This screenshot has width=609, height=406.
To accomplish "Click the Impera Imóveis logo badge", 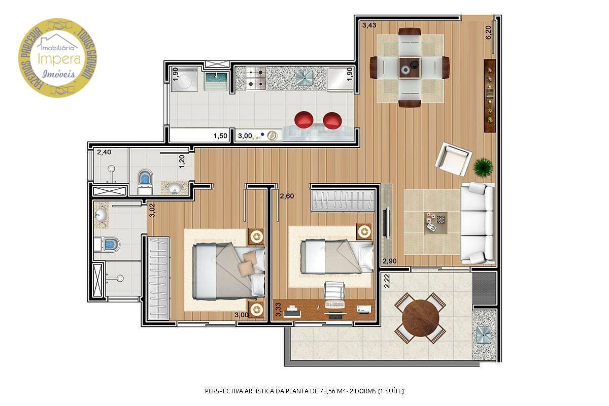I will pyautogui.click(x=58, y=57).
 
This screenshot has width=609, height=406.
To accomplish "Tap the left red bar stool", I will pyautogui.click(x=306, y=120).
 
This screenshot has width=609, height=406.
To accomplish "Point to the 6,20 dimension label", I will pyautogui.click(x=489, y=32).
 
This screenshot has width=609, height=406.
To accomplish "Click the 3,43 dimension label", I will pyautogui.click(x=369, y=24).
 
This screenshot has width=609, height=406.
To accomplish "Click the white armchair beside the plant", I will pyautogui.click(x=454, y=157).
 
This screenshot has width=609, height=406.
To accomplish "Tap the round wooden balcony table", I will pyautogui.click(x=420, y=318).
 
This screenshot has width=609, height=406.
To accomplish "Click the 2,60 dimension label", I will pyautogui.click(x=287, y=196).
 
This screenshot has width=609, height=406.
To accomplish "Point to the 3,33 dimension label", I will pyautogui.click(x=278, y=310).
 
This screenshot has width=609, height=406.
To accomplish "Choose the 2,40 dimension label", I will pyautogui.click(x=104, y=152).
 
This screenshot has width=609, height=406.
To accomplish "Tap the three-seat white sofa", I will pyautogui.click(x=477, y=223).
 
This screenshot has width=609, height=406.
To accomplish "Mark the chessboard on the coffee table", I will pyautogui.click(x=441, y=220).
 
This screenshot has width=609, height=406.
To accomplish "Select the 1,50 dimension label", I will pyautogui.click(x=220, y=136).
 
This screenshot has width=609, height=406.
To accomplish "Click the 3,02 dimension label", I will pyautogui.click(x=151, y=210).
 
